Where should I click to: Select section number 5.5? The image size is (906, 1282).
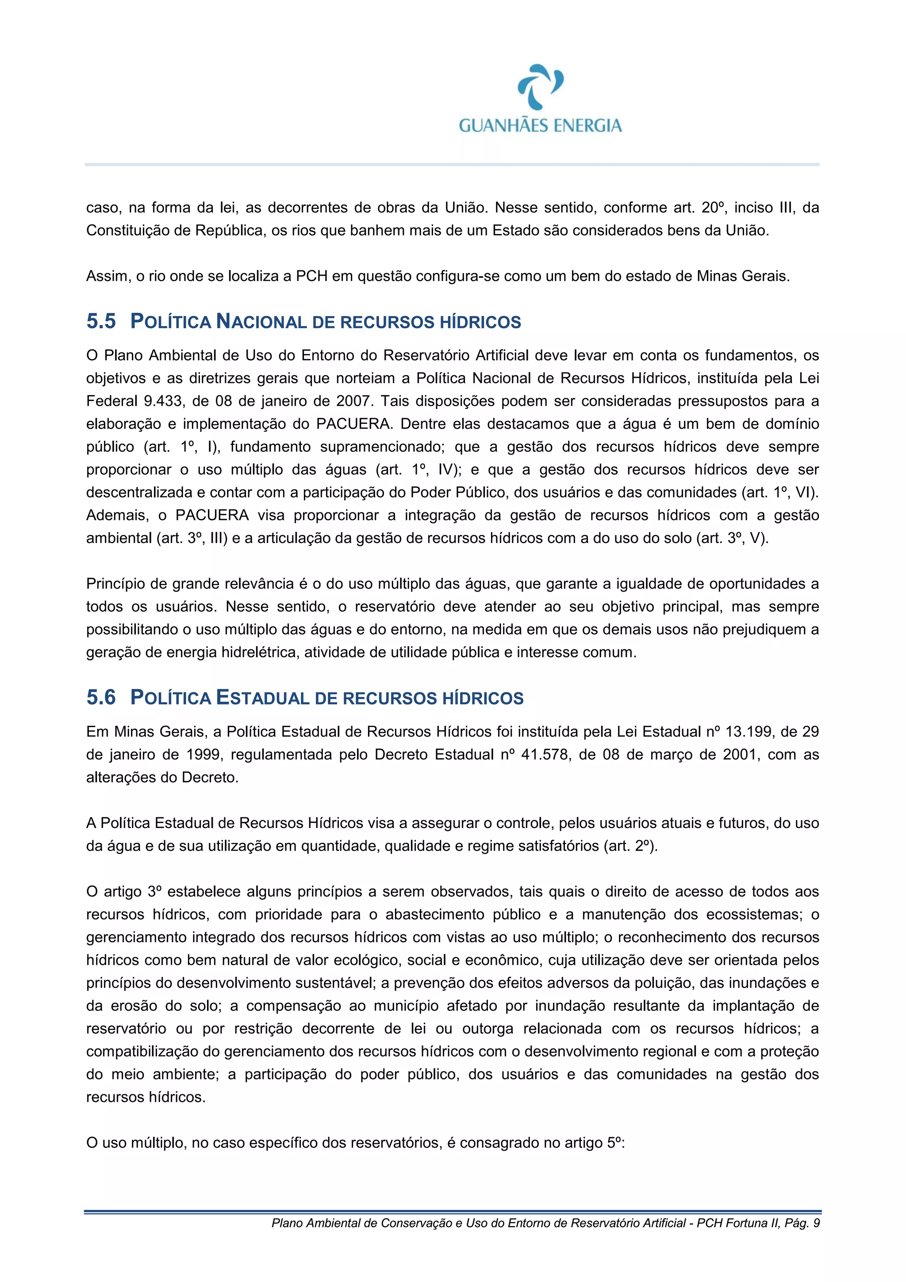click(101, 321)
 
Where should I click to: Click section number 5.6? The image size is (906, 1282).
click(101, 697)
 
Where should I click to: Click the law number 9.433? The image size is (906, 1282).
click(161, 401)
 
